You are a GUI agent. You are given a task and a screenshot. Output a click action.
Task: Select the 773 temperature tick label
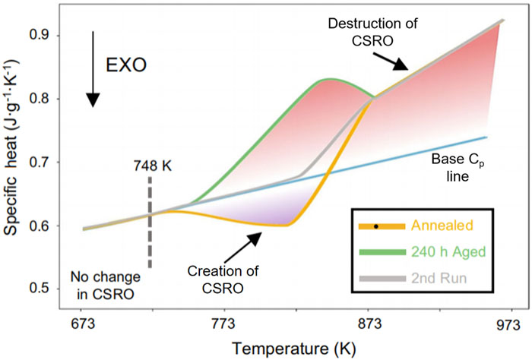click(223, 321)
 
